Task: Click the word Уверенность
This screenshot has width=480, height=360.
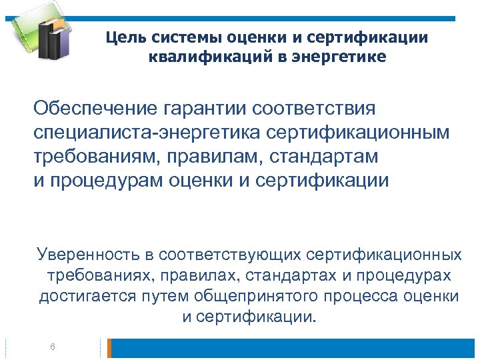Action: (87, 255)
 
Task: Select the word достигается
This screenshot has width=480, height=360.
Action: (81, 295)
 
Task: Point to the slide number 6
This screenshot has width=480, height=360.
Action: (53, 347)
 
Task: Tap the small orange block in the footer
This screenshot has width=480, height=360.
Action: (110, 347)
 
